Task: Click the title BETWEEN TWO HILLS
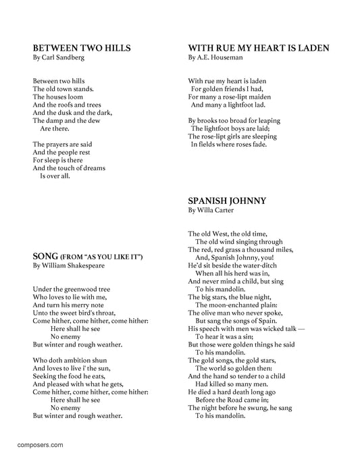tap(82, 48)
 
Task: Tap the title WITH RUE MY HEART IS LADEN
tap(259, 48)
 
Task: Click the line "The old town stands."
tap(63, 88)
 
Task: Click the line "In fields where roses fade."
tap(229, 144)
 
